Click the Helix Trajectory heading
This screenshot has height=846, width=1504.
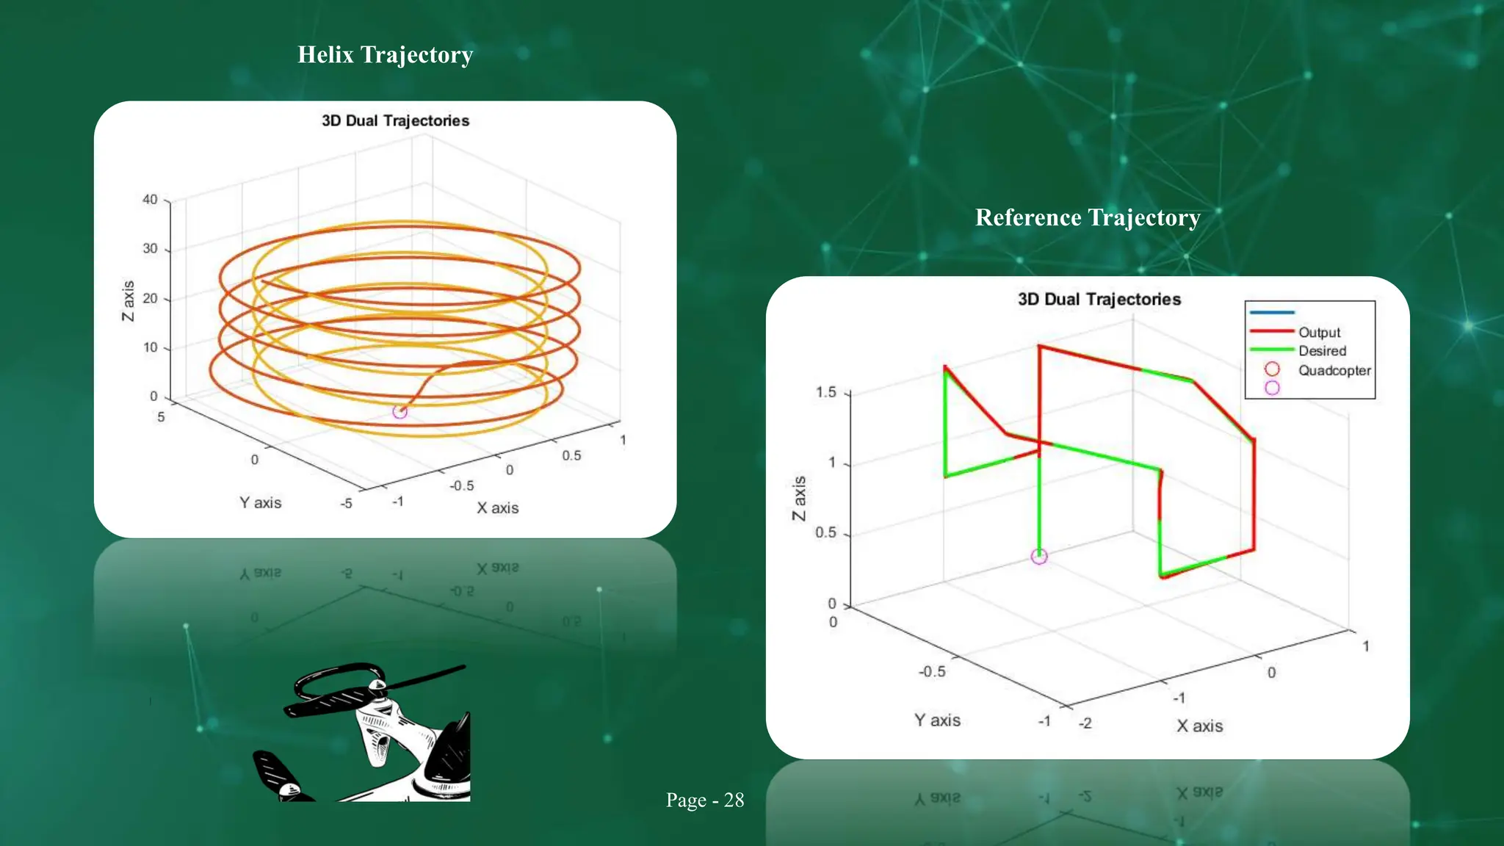tap(385, 55)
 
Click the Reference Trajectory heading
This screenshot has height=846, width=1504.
tap(1088, 218)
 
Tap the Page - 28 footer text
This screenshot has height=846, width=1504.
tap(704, 800)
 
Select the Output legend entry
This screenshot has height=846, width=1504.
tap(1319, 333)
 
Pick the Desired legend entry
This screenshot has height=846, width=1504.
tap(1322, 351)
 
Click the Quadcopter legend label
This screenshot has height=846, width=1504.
tap(1334, 371)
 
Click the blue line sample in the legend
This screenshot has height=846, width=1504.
tap(1272, 313)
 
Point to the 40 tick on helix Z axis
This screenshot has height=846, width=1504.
tap(150, 200)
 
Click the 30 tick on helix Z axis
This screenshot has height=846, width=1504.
tap(150, 249)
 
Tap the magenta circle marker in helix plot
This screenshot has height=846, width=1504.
tap(399, 412)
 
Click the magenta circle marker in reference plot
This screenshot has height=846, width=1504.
tap(1039, 557)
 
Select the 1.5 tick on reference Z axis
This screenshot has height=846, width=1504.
tap(826, 392)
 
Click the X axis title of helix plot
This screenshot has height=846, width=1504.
tap(497, 508)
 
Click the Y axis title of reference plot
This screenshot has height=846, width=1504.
tap(937, 720)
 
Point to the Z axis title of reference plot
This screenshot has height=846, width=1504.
tap(799, 499)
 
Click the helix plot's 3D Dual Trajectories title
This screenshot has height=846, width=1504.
tap(395, 121)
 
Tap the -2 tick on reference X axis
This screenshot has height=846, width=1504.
tap(1085, 723)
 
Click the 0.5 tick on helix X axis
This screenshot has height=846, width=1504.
tap(571, 456)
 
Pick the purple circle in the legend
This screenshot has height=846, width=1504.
tap(1272, 388)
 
